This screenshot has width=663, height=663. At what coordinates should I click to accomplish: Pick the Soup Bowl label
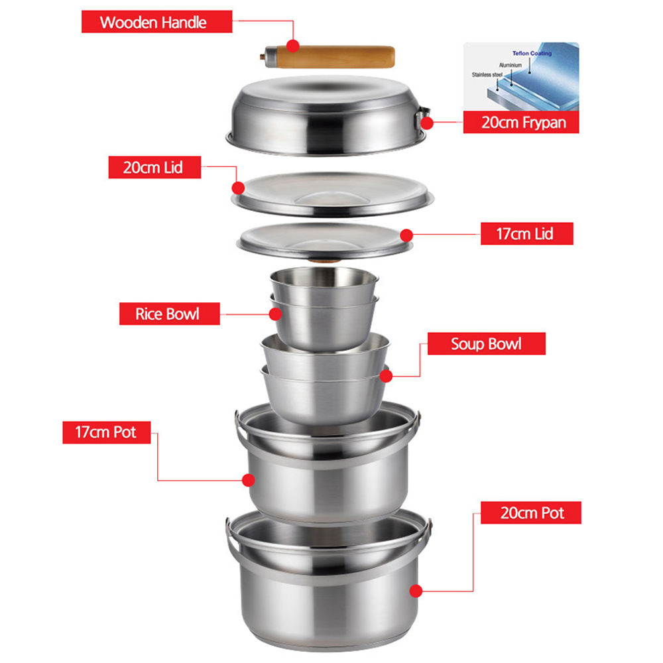tap(486, 343)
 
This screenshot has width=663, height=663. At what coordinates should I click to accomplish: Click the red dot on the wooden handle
tap(292, 46)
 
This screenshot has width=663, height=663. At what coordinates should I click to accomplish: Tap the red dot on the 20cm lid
tap(239, 188)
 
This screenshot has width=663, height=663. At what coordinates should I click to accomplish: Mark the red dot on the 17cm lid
tap(406, 235)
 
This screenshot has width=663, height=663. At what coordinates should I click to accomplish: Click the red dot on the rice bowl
tap(275, 314)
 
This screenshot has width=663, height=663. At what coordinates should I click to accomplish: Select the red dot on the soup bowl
tap(386, 376)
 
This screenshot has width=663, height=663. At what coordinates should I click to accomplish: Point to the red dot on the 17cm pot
tap(248, 480)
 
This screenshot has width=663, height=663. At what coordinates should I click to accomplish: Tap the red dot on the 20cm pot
tap(416, 591)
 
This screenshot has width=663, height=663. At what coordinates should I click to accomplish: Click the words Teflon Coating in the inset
tap(532, 53)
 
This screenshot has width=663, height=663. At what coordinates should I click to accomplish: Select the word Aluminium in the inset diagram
tap(511, 65)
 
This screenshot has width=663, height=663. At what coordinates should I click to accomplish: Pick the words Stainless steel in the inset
tap(487, 75)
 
